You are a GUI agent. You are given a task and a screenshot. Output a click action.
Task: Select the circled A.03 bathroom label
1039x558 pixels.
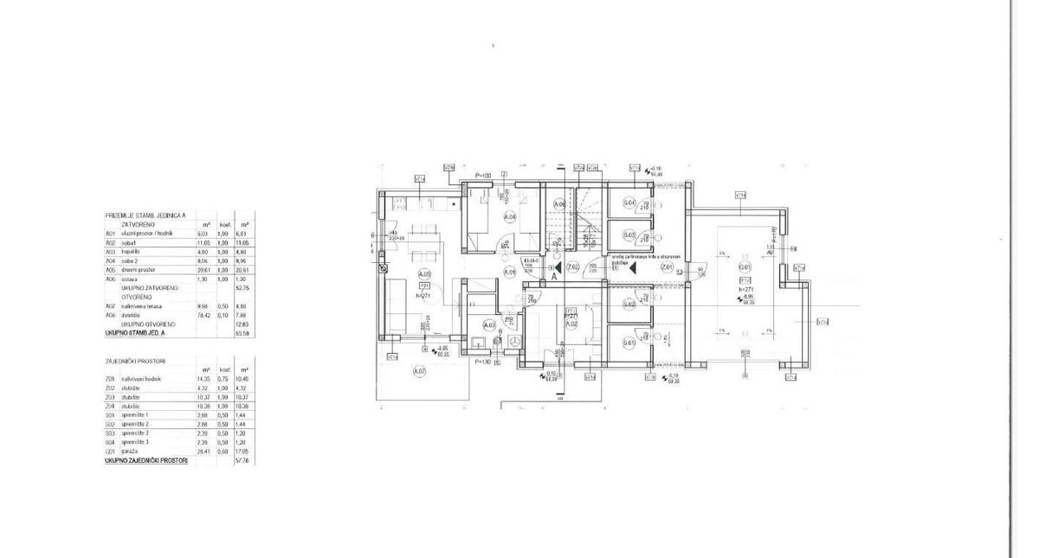point(488,325)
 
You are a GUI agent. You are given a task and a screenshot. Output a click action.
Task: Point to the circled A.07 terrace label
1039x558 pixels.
point(420,372)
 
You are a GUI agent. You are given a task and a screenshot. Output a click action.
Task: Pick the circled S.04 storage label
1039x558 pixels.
point(629,203)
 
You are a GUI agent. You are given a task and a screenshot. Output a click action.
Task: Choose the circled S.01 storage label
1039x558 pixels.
point(629,343)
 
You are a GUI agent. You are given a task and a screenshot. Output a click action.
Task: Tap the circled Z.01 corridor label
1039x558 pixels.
point(667,267)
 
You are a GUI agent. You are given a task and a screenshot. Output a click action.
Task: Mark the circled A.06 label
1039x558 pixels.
point(559,204)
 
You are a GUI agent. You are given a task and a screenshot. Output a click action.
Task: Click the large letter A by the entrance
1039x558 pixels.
point(553,278)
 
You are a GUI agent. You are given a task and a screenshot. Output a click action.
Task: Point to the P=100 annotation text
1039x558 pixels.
point(482,176)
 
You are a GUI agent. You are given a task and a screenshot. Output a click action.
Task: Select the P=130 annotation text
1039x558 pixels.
point(482,362)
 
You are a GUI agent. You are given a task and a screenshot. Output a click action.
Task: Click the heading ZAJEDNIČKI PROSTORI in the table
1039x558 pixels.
point(135,360)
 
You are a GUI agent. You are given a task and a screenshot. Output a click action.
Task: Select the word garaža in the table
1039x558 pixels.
point(131,451)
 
